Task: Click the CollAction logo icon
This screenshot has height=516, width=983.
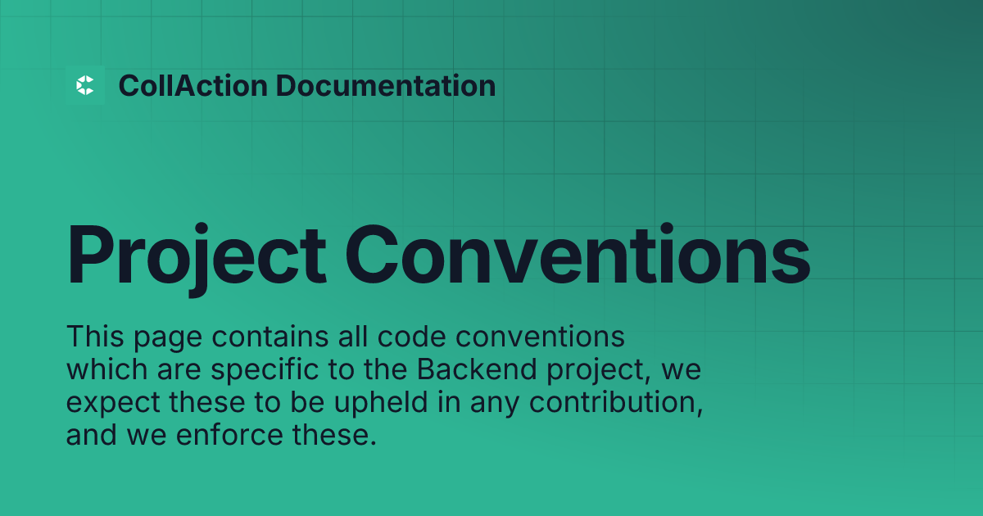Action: (85, 85)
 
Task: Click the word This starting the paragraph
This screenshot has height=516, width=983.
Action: (91, 336)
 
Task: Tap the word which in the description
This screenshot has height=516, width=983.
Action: (104, 369)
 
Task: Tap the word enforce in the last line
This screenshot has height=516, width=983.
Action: (211, 436)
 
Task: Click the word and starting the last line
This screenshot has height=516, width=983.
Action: (91, 436)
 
